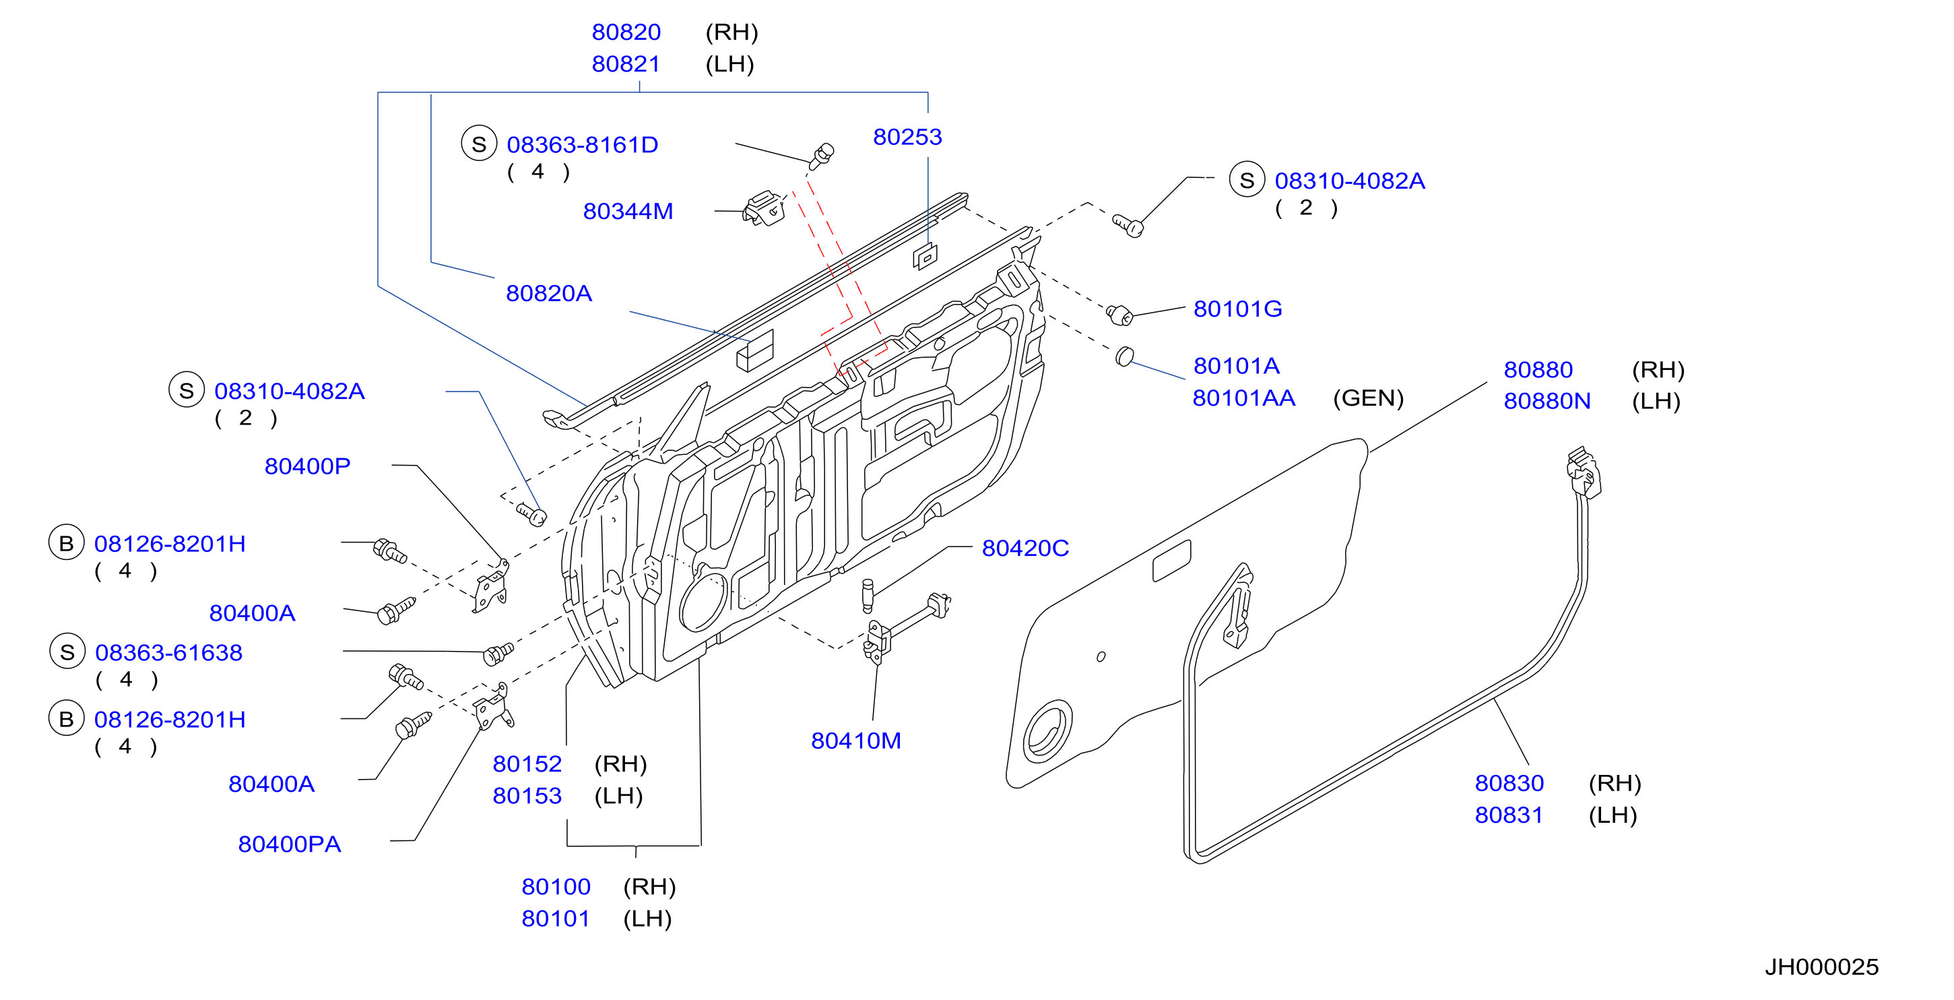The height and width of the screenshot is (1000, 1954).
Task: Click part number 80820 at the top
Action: (626, 32)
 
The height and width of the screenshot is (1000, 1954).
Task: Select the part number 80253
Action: (907, 137)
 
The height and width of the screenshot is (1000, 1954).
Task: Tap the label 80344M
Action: (628, 211)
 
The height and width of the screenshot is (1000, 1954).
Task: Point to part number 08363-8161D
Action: (583, 144)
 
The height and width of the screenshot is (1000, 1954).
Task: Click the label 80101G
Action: (1238, 309)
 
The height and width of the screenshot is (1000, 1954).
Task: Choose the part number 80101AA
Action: (1244, 398)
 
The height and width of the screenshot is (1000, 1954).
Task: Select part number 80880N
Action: (1547, 401)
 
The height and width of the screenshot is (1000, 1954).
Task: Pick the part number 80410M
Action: (856, 741)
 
